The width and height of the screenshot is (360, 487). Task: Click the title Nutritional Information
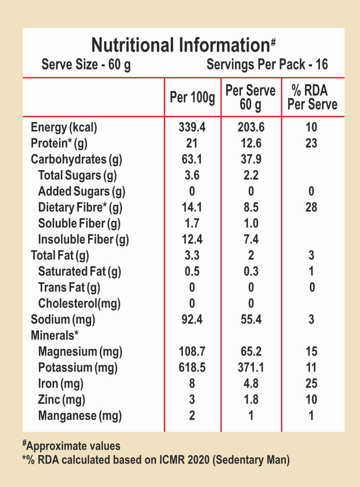[181, 46]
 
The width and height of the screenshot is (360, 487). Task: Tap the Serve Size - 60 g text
[86, 65]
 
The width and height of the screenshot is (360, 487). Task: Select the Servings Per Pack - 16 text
[267, 65]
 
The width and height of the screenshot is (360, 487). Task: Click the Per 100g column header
[192, 98]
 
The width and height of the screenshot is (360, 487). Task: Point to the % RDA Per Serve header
[313, 97]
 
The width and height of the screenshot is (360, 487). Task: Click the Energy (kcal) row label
[64, 128]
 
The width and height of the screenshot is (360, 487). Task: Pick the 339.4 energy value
[192, 128]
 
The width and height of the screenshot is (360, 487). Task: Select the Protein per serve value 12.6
[251, 144]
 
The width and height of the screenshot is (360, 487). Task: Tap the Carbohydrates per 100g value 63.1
[192, 159]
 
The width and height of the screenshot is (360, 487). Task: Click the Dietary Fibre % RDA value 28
[312, 208]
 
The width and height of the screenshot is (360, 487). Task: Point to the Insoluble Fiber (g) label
[83, 240]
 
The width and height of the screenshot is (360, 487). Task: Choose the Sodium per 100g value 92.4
[192, 320]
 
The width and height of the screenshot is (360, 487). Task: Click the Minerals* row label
[54, 336]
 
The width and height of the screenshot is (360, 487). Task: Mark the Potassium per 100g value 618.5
[192, 368]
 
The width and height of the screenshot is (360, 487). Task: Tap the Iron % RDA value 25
[312, 384]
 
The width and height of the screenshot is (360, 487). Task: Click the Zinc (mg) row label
[62, 400]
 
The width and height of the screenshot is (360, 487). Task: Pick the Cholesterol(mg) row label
[79, 304]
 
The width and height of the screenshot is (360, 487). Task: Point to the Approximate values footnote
[73, 446]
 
